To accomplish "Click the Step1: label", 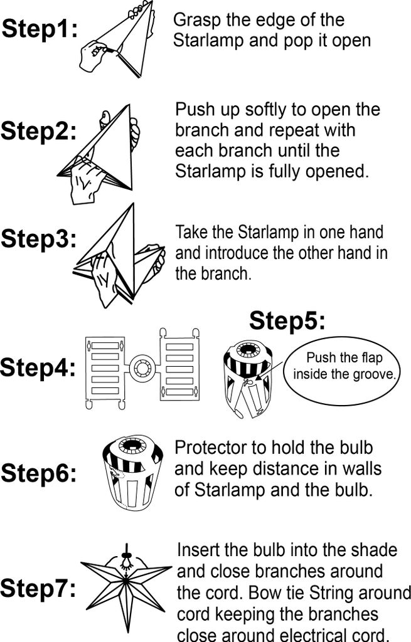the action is click(x=40, y=29).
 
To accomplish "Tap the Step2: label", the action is click(x=39, y=131).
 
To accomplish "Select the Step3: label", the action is click(x=39, y=239).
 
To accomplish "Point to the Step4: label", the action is click(x=38, y=367).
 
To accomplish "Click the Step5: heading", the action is click(x=287, y=320).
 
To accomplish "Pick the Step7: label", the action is click(x=38, y=588).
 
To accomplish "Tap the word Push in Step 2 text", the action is click(x=195, y=109).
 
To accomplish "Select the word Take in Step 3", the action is click(x=191, y=232).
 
